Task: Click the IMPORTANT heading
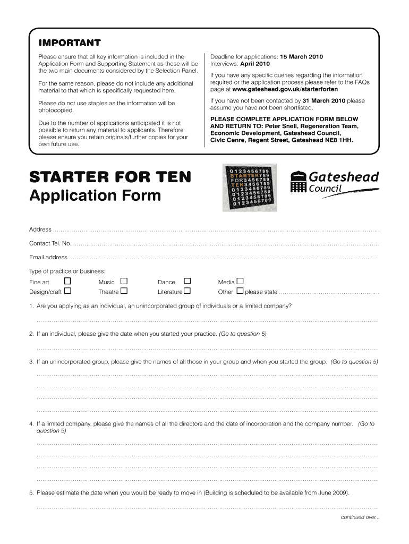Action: [69, 42]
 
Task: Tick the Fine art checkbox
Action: [67, 281]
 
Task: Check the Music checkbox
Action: [124, 281]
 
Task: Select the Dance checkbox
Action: [187, 281]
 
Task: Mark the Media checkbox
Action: [240, 281]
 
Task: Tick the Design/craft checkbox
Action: [67, 291]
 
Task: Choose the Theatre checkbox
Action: [124, 291]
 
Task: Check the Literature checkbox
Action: [187, 291]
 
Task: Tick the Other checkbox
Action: [240, 291]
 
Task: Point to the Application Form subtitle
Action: [95, 196]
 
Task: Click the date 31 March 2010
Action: [323, 100]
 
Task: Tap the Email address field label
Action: [48, 257]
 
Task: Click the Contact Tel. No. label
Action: [50, 243]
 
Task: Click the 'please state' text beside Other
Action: [261, 292]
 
